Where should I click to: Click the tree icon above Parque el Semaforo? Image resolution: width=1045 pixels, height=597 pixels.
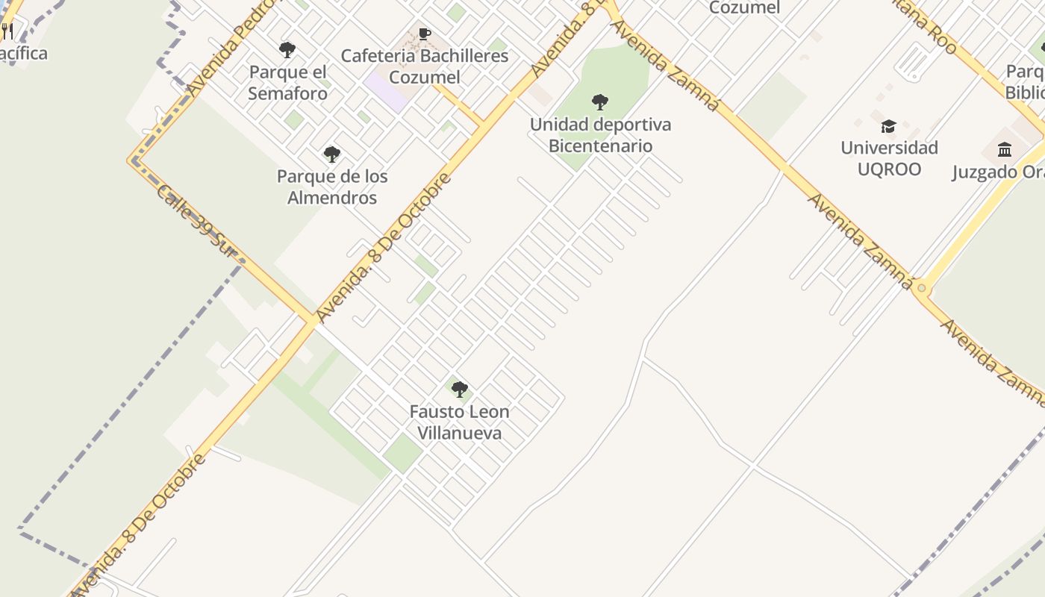(x=287, y=50)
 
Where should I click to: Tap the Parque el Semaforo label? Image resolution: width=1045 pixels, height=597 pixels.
(x=288, y=83)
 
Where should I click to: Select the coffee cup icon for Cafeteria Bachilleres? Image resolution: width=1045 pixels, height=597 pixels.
(x=425, y=34)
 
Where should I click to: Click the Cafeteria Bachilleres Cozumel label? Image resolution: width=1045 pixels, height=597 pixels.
(x=425, y=66)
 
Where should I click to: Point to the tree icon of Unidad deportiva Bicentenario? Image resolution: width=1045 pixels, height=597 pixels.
(x=600, y=102)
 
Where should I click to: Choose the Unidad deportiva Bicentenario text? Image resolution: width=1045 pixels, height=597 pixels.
(x=600, y=135)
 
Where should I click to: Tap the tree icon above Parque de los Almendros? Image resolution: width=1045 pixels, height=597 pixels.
(x=332, y=154)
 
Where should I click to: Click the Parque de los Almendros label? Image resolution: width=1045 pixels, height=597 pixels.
(x=332, y=187)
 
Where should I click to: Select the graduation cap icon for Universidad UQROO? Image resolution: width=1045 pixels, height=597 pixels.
(x=888, y=126)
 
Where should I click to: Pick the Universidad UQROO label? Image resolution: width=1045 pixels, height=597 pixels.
(x=889, y=158)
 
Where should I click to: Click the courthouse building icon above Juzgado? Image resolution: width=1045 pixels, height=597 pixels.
(x=1005, y=150)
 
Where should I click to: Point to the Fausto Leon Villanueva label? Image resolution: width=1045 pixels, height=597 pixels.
(x=459, y=422)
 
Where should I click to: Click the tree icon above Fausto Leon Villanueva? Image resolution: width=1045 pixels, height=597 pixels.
(x=460, y=390)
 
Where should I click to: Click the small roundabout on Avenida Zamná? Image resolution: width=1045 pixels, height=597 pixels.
(x=922, y=288)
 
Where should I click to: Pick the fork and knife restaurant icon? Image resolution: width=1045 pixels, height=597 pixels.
(x=7, y=31)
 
